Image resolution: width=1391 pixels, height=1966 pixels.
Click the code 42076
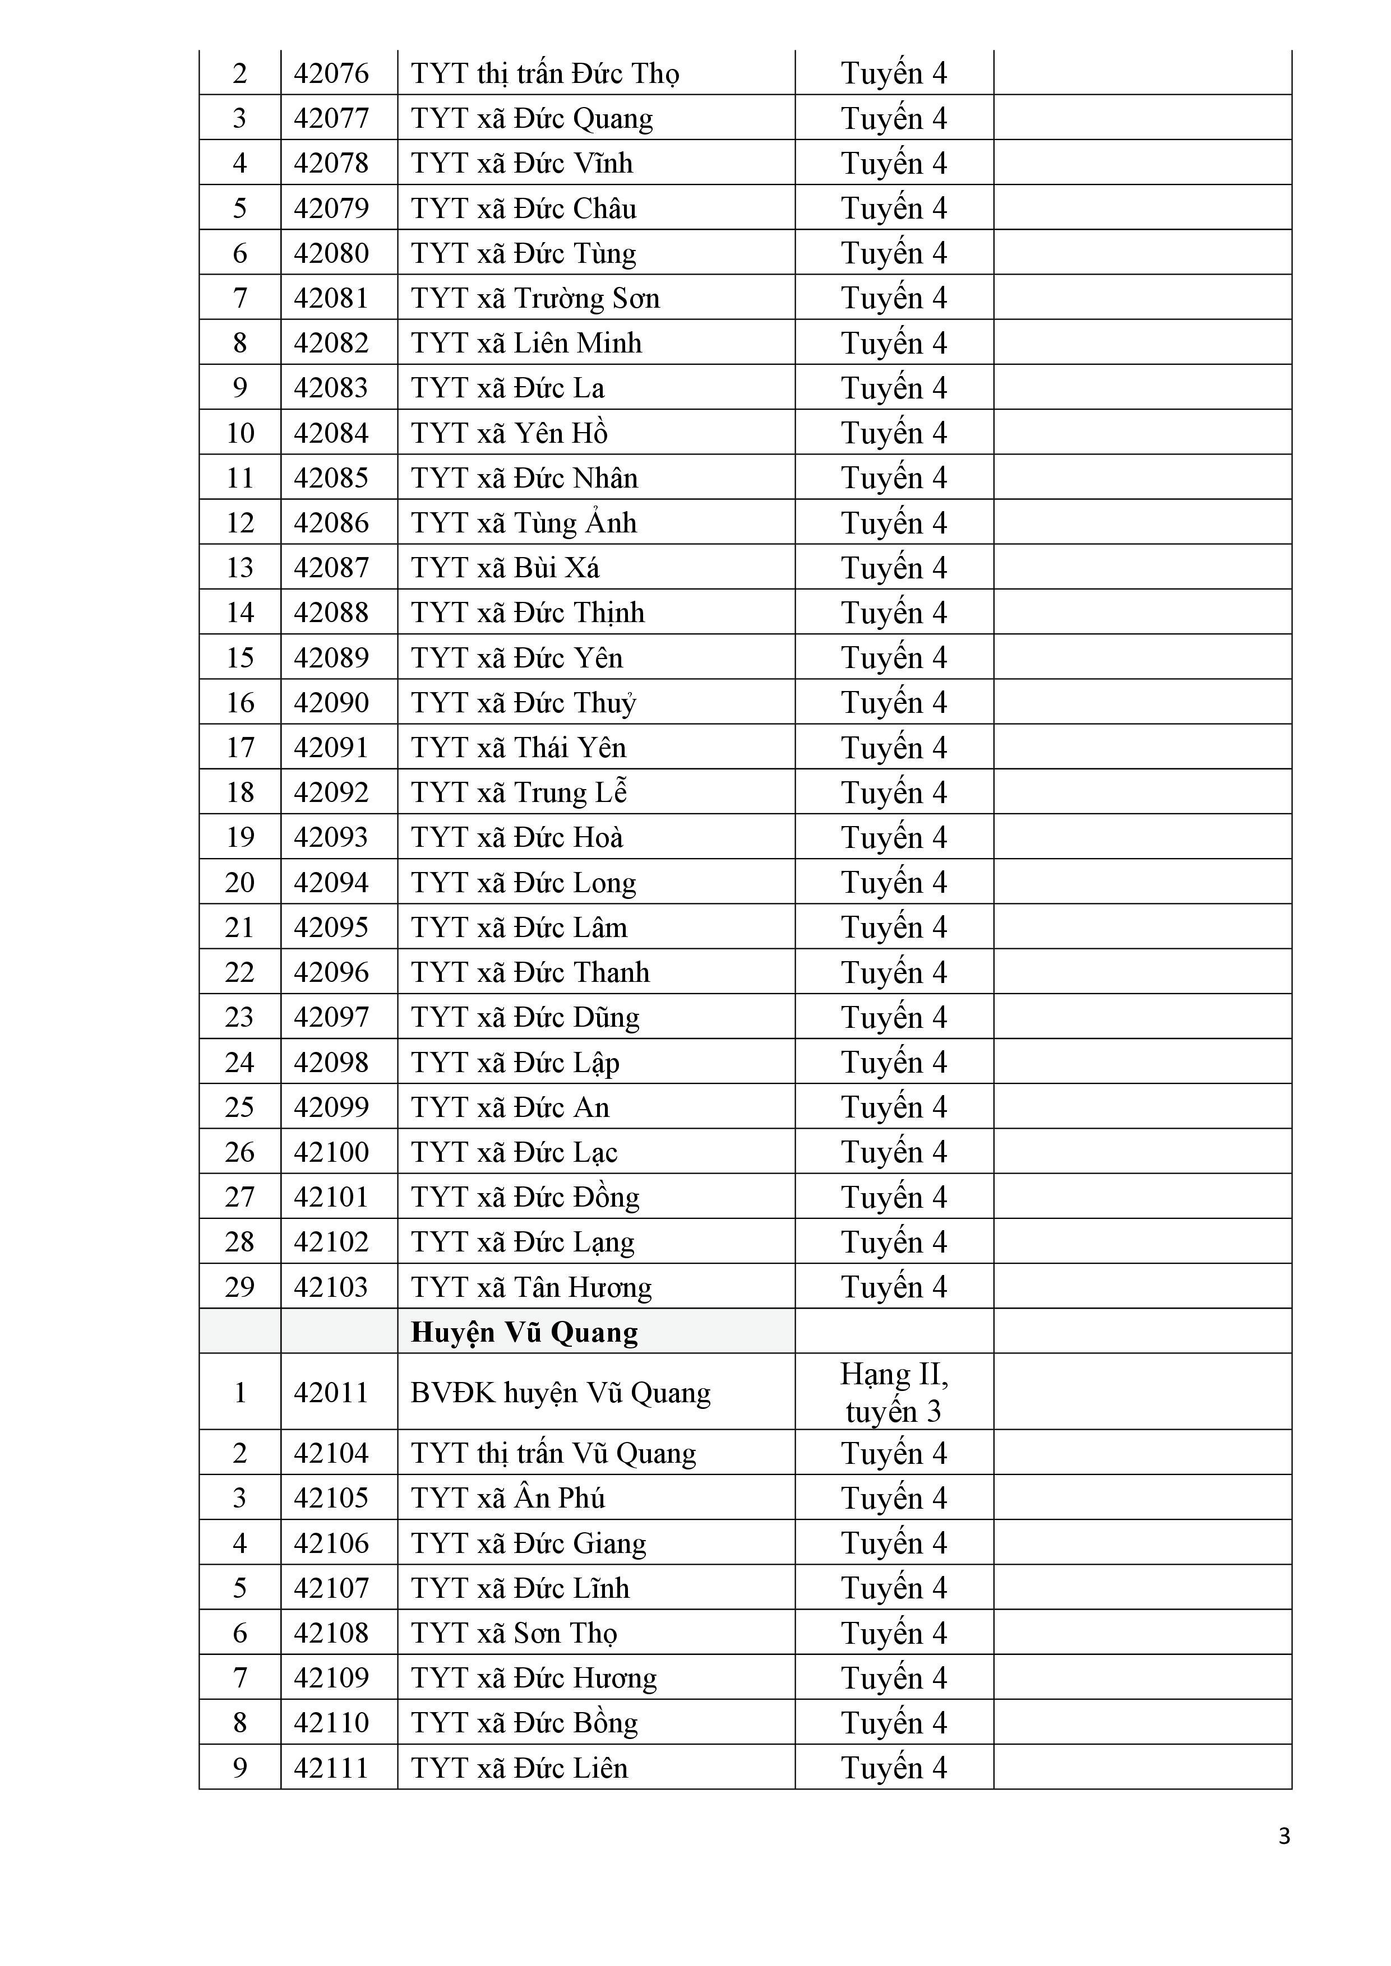pos(331,73)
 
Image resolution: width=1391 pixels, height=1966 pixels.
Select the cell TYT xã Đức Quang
pos(531,118)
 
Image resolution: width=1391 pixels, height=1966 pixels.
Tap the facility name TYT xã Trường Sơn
pos(534,298)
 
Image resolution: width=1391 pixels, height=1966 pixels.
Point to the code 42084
pos(331,433)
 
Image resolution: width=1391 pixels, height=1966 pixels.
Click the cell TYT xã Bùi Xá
pos(505,568)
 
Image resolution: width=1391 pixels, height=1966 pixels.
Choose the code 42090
pos(331,702)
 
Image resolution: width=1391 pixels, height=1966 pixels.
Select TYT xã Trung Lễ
pos(518,792)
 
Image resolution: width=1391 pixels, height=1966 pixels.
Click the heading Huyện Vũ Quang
pos(524,1332)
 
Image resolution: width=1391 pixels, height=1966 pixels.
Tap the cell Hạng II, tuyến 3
pos(893,1392)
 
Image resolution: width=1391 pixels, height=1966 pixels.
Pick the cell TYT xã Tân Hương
pos(531,1287)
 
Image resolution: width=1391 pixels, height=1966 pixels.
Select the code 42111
pos(331,1768)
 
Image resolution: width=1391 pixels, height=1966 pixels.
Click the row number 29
pos(240,1287)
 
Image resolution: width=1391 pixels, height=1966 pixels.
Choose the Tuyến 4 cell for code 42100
pos(893,1152)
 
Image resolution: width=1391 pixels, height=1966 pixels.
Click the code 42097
pos(331,1017)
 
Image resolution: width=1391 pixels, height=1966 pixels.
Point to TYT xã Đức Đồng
pos(524,1197)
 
